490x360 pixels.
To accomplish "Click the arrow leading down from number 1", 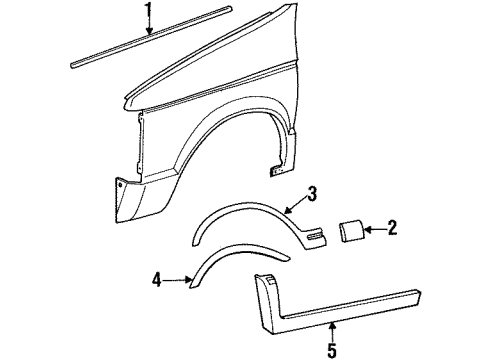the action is pos(149,27).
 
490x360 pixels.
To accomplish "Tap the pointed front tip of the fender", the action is pos(121,100).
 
